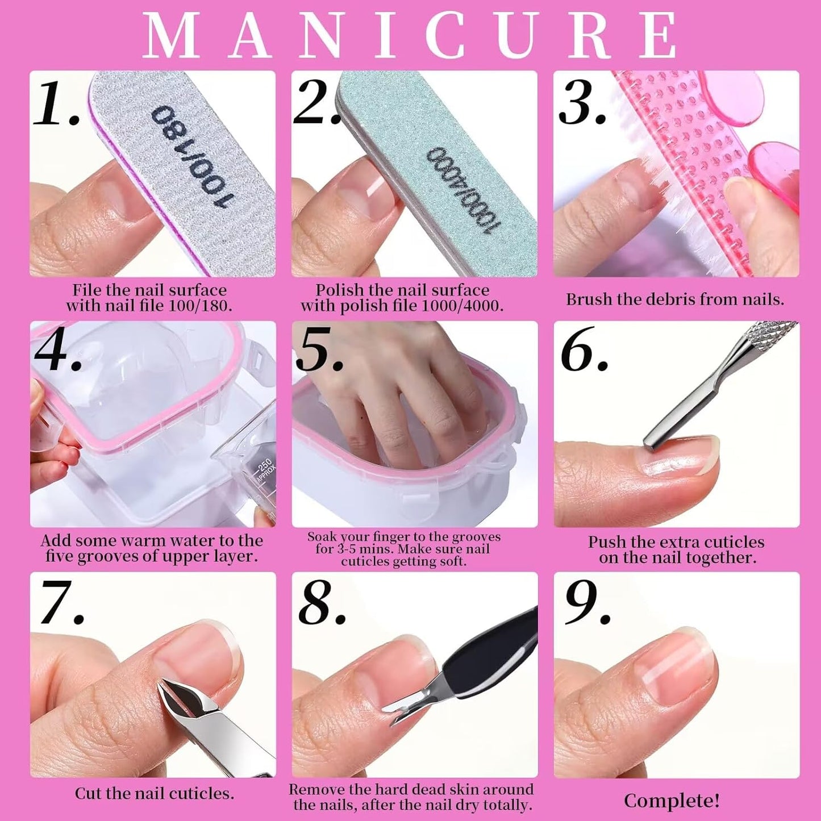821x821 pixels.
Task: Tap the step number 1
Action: point(56,104)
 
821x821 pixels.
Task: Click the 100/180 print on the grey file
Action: point(193,157)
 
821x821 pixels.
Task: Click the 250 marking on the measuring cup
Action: point(265,467)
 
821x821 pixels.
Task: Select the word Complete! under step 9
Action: point(672,801)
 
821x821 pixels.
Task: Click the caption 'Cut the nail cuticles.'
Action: point(154,793)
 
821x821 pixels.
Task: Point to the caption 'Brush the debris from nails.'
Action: point(675,299)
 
